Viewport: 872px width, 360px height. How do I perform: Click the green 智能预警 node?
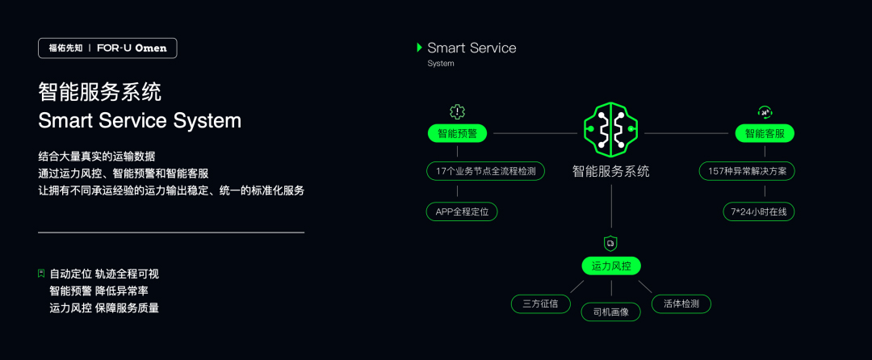coord(457,133)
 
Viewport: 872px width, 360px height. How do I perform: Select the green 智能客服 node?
coord(764,133)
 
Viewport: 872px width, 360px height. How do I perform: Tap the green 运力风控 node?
coord(610,266)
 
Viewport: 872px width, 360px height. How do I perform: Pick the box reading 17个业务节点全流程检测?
coord(485,171)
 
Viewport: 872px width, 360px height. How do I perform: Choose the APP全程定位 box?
coord(461,211)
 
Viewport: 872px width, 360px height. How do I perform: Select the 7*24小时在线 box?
coord(759,211)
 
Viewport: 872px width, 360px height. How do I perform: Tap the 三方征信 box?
coord(540,303)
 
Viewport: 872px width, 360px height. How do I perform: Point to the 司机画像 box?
coord(610,312)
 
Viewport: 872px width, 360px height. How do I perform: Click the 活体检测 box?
coord(681,303)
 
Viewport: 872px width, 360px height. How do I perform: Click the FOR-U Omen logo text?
coord(132,48)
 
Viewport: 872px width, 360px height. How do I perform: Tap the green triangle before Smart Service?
coord(419,48)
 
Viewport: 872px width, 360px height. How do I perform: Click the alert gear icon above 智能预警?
coord(457,112)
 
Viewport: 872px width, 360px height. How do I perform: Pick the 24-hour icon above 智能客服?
coord(764,112)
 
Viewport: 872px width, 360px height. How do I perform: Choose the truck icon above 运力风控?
coord(610,242)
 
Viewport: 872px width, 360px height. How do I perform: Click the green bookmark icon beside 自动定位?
coord(41,274)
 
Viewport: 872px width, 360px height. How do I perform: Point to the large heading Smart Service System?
coord(140,120)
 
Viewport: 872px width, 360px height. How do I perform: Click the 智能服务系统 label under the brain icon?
coord(610,171)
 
